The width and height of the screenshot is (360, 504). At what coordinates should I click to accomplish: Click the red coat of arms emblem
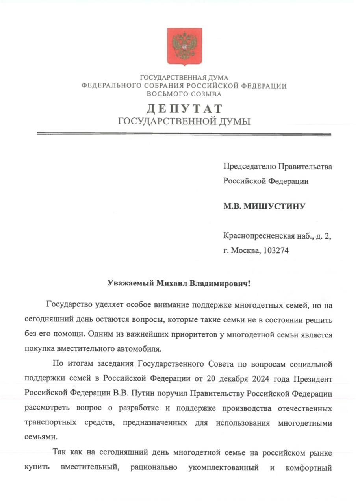(x=184, y=46)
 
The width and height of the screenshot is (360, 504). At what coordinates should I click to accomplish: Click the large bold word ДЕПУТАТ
(x=184, y=108)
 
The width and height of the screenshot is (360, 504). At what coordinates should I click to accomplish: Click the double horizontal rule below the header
(x=184, y=134)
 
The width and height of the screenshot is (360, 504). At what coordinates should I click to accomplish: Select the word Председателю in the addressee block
(x=250, y=167)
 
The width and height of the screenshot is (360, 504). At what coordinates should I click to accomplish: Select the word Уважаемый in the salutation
(x=131, y=283)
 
